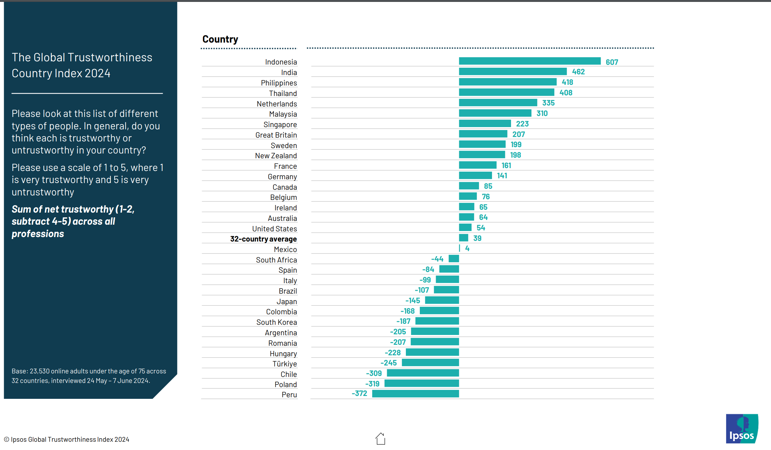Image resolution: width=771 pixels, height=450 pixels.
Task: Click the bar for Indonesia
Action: tap(529, 61)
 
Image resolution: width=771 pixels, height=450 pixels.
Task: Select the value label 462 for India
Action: tap(578, 72)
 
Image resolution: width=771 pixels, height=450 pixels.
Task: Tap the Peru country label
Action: tap(289, 395)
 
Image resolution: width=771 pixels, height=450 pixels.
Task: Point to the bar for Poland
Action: tap(421, 383)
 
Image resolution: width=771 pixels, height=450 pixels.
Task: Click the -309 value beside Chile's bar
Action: tap(374, 373)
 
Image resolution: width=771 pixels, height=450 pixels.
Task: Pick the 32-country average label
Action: tap(263, 239)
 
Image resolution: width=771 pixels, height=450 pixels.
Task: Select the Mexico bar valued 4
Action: tap(460, 248)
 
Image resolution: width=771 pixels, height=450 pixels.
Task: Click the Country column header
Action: tap(220, 39)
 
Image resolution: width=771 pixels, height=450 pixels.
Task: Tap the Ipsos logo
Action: tap(742, 429)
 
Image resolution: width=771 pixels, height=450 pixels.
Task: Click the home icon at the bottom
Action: tap(380, 439)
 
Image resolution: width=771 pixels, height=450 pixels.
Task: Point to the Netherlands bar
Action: tap(498, 103)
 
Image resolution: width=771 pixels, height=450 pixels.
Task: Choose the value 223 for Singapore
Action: tap(522, 124)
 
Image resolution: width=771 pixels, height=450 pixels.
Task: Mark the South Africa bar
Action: tap(454, 259)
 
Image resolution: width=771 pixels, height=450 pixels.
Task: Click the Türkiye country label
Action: tap(284, 364)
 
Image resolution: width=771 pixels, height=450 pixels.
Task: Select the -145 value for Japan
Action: tap(413, 301)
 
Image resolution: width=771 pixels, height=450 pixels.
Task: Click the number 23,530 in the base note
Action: tap(39, 371)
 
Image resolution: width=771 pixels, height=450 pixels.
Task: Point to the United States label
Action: tap(275, 229)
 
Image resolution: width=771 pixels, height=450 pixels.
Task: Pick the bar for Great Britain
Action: tap(483, 134)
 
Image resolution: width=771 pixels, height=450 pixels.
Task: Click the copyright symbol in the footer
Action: tap(6, 440)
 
